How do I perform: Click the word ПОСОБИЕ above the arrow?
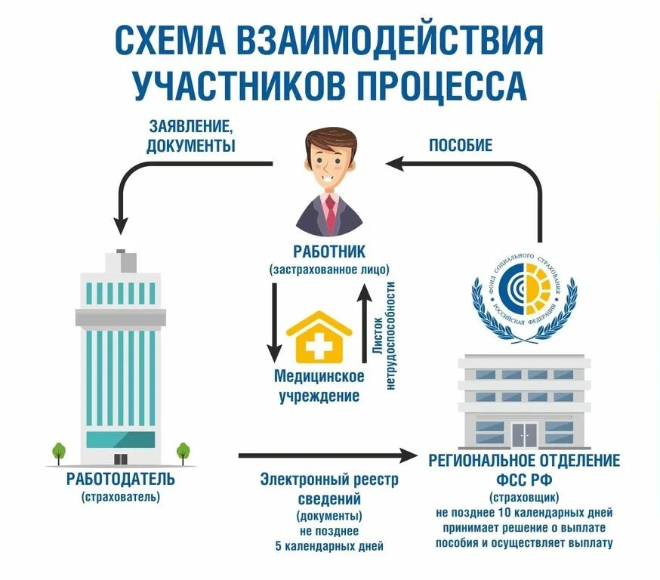click(x=461, y=143)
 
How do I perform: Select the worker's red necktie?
click(x=330, y=214)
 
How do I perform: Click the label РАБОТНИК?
click(x=329, y=251)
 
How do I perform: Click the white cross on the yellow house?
click(x=320, y=347)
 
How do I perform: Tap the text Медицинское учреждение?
click(x=319, y=385)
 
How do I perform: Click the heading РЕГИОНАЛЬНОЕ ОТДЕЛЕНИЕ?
click(x=524, y=460)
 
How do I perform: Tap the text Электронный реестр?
click(x=328, y=480)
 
